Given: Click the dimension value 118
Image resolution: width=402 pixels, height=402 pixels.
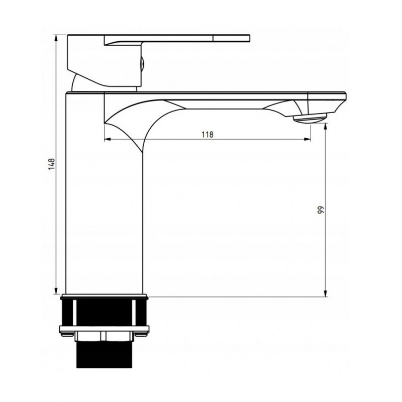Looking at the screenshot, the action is point(208,134).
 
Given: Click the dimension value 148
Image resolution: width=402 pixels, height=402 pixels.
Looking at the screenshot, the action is point(52,164).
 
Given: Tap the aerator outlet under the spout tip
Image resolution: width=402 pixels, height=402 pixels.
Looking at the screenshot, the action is point(310,119).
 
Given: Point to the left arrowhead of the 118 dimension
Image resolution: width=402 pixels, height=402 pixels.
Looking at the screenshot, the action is point(107,139).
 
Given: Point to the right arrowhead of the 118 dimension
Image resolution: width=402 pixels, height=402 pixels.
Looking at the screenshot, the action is point(308,139).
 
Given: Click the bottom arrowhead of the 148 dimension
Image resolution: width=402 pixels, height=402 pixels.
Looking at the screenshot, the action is point(56,291).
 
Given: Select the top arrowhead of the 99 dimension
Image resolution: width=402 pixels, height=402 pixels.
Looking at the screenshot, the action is point(326,127).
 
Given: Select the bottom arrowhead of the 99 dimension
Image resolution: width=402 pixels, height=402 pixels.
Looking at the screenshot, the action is point(326,293).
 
